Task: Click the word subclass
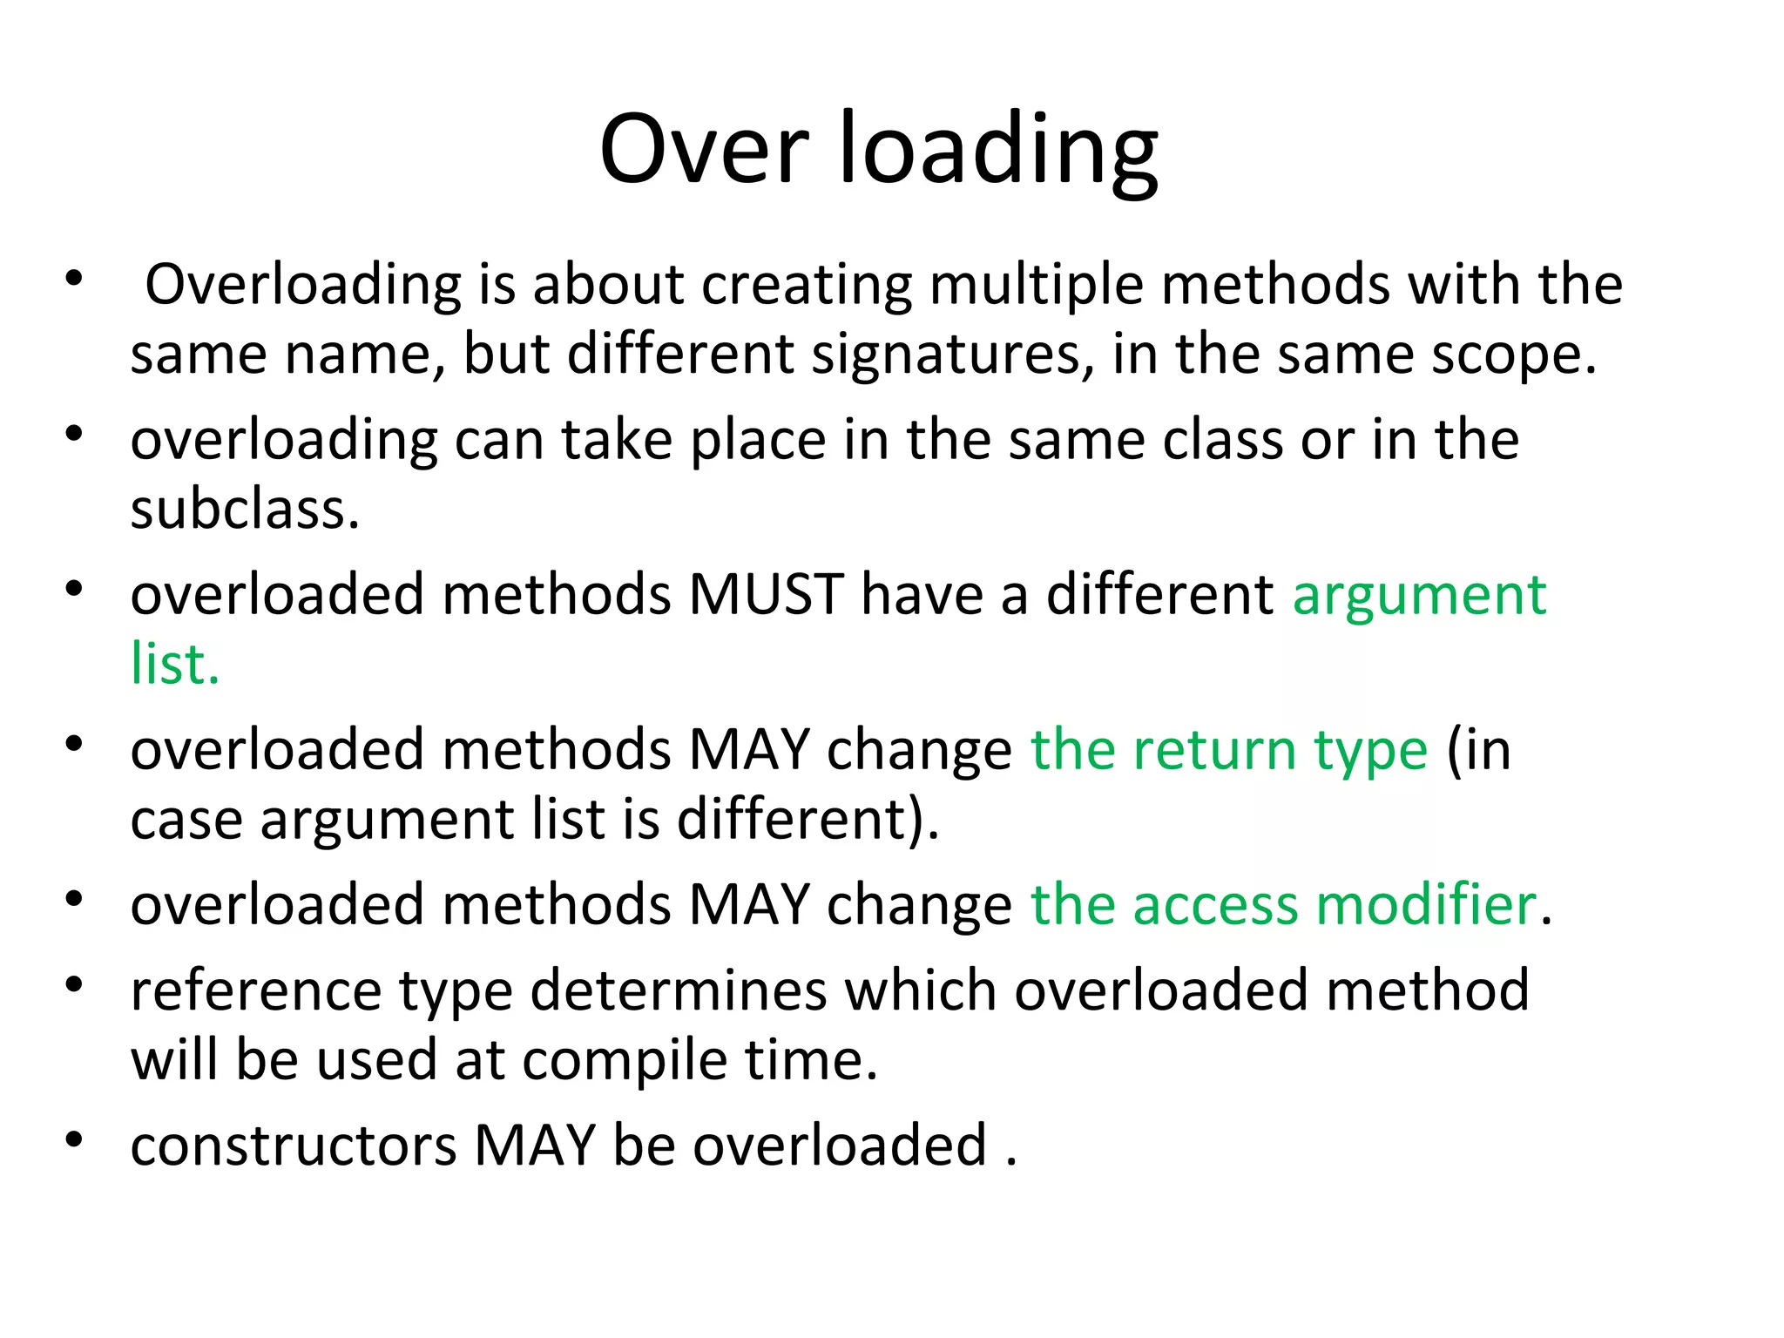point(244,509)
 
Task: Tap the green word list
point(174,664)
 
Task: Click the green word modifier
point(1426,904)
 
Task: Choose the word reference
point(256,991)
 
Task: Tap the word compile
point(625,1062)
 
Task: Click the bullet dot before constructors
point(74,1139)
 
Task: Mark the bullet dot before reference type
point(74,984)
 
